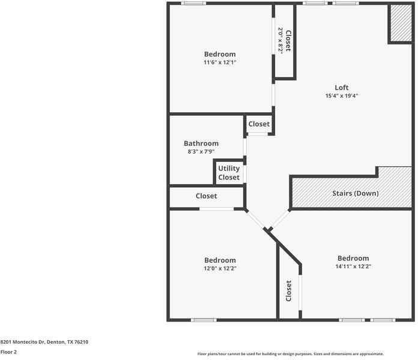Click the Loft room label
pyautogui.click(x=342, y=88)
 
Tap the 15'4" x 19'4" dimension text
pyautogui.click(x=342, y=96)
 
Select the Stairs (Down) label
pyautogui.click(x=356, y=193)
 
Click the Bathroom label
pyautogui.click(x=201, y=143)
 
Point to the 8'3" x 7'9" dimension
pyautogui.click(x=201, y=152)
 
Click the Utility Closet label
pyautogui.click(x=229, y=173)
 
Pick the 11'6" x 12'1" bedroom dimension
pyautogui.click(x=220, y=62)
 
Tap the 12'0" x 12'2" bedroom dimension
pyautogui.click(x=220, y=268)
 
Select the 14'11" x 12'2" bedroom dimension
pyautogui.click(x=353, y=266)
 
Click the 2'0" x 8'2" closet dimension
pyautogui.click(x=280, y=41)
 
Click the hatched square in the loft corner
pyautogui.click(x=401, y=23)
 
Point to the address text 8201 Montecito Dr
pyautogui.click(x=22, y=342)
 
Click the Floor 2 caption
pyautogui.click(x=8, y=352)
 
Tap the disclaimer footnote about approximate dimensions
pyautogui.click(x=291, y=354)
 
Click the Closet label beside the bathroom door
pyautogui.click(x=259, y=124)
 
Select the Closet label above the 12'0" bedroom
pyautogui.click(x=207, y=196)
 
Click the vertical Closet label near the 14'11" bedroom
pyautogui.click(x=288, y=291)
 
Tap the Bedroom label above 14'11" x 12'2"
pyautogui.click(x=353, y=258)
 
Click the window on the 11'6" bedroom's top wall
pyautogui.click(x=193, y=3)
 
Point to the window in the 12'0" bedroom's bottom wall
pyautogui.click(x=204, y=320)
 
